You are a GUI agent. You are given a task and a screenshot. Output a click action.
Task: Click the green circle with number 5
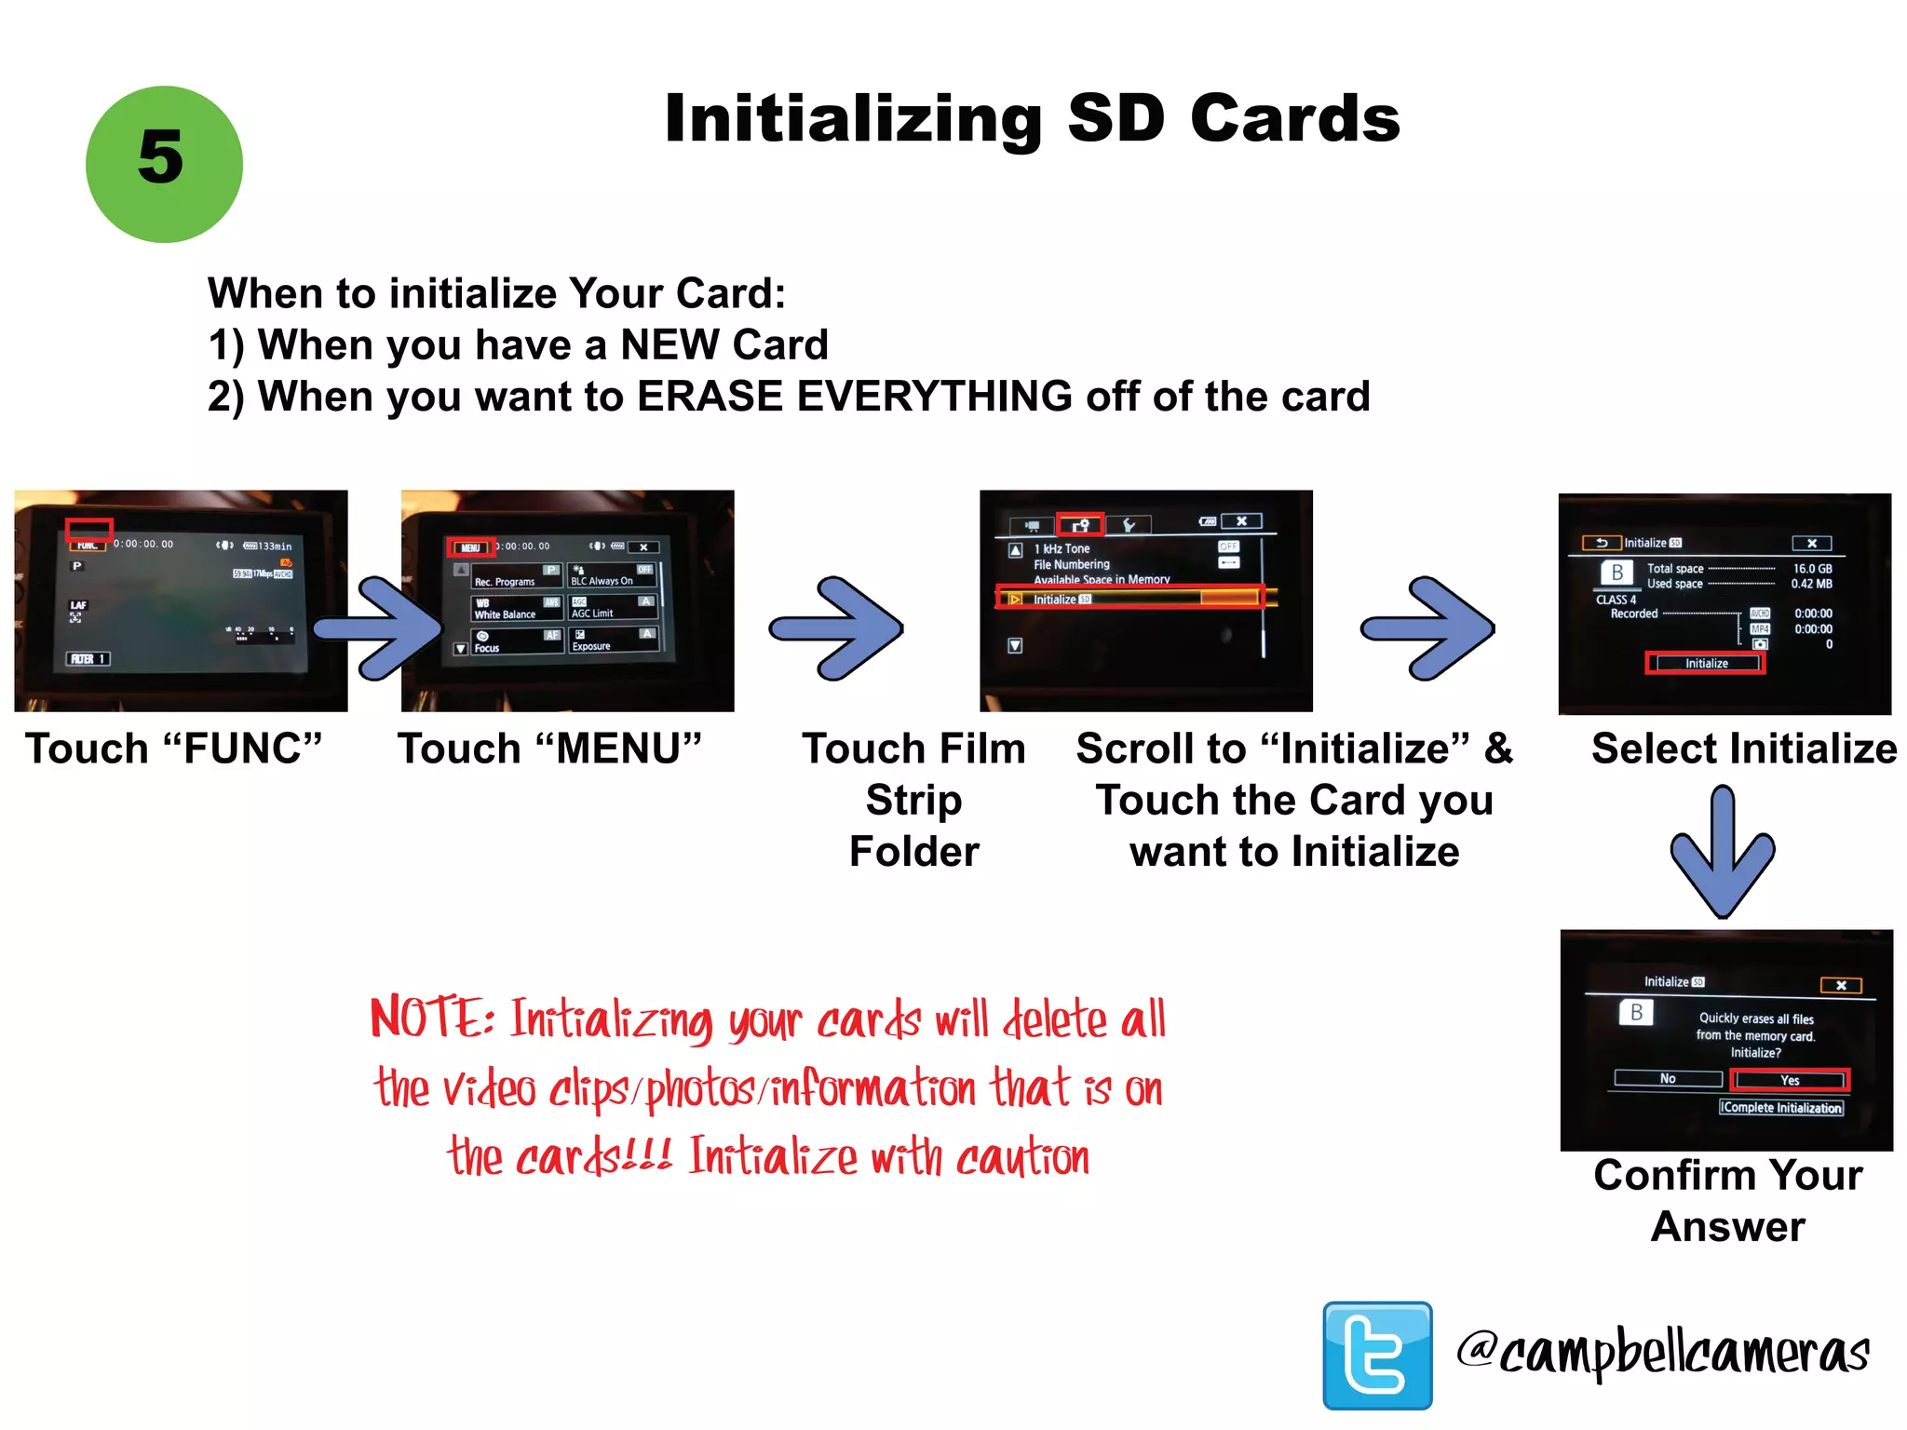tap(164, 164)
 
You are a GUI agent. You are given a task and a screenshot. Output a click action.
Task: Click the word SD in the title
tap(1116, 119)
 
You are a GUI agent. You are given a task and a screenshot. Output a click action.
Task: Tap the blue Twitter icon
tap(1377, 1355)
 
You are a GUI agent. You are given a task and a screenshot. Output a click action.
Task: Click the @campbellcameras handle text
tap(1663, 1352)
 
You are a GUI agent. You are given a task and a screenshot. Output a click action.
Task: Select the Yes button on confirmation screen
tap(1789, 1080)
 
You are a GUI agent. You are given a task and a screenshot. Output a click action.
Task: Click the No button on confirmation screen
tap(1667, 1078)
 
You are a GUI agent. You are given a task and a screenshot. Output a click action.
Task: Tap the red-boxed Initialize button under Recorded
tap(1705, 663)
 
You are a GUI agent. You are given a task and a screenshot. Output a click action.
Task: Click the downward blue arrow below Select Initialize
tap(1723, 852)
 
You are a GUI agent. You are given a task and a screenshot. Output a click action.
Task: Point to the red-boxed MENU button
tap(470, 547)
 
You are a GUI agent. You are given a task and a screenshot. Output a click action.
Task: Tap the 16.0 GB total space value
tap(1811, 568)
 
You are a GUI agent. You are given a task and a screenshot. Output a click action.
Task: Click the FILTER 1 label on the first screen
tap(88, 658)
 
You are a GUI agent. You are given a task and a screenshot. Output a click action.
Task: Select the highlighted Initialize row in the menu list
tap(1129, 599)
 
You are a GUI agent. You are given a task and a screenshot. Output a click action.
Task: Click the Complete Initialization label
tap(1780, 1107)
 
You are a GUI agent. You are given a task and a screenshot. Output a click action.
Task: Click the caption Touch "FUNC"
tap(173, 749)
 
